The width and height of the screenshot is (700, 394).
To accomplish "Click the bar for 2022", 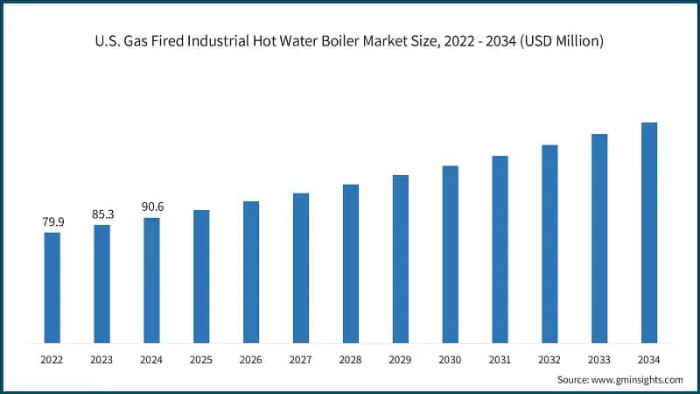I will pyautogui.click(x=52, y=287).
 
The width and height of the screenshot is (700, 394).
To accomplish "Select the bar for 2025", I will pyautogui.click(x=201, y=276).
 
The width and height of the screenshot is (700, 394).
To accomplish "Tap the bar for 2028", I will pyautogui.click(x=351, y=264).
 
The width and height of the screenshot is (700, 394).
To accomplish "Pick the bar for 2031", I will pyautogui.click(x=500, y=249).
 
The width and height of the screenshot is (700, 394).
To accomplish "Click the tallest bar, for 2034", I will pyautogui.click(x=648, y=232).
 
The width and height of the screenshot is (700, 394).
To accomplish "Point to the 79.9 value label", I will pyautogui.click(x=52, y=222).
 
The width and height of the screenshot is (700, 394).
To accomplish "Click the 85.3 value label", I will pyautogui.click(x=102, y=215).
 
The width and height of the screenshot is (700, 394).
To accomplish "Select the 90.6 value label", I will pyautogui.click(x=152, y=208).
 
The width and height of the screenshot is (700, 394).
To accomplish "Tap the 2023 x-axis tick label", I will pyautogui.click(x=102, y=359).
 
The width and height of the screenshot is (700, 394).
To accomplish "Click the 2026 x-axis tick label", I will pyautogui.click(x=251, y=359).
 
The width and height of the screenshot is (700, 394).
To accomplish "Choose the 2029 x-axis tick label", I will pyautogui.click(x=400, y=359).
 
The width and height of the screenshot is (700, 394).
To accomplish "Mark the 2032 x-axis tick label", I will pyautogui.click(x=549, y=359).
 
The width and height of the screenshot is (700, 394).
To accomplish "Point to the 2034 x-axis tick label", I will pyautogui.click(x=648, y=359).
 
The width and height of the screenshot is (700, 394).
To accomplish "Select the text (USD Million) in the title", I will pyautogui.click(x=560, y=41).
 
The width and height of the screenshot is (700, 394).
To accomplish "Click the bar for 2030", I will pyautogui.click(x=450, y=254).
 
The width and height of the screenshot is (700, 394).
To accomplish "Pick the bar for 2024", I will pyautogui.click(x=152, y=280).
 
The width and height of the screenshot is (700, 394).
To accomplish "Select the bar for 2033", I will pyautogui.click(x=599, y=238).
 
